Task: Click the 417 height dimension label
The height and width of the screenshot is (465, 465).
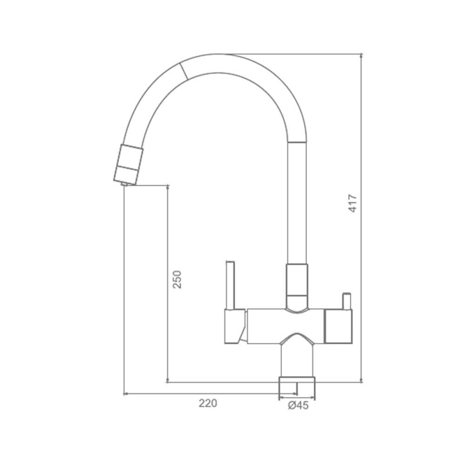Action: tap(353, 203)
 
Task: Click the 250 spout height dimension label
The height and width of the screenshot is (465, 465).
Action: tap(177, 280)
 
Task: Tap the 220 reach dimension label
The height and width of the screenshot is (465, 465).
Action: tap(208, 403)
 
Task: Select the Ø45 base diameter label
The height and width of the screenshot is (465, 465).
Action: tap(298, 405)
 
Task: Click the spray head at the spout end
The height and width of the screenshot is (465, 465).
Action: tap(128, 164)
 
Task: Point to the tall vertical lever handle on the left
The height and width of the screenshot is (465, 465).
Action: tap(230, 285)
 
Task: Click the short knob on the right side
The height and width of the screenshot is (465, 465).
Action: tap(346, 301)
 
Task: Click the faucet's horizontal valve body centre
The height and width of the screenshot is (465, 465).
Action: tap(285, 326)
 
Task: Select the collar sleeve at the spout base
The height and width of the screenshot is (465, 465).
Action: tap(297, 286)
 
